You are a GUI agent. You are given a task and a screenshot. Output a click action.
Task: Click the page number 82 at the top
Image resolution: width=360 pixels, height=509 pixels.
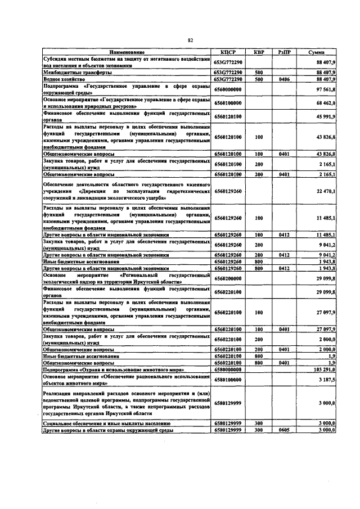(190, 40)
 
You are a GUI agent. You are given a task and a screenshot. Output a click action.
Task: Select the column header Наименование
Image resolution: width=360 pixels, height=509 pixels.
(127, 52)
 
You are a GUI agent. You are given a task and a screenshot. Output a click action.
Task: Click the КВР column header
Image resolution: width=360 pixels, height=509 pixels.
(259, 52)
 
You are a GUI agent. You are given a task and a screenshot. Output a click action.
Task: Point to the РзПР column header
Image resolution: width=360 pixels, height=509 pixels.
(283, 52)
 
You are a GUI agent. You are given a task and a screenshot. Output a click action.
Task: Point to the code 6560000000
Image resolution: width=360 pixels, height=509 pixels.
(227, 89)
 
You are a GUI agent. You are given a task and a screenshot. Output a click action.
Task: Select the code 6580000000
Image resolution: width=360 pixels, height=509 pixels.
(227, 370)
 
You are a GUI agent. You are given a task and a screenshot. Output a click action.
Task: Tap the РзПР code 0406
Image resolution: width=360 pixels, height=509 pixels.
(283, 79)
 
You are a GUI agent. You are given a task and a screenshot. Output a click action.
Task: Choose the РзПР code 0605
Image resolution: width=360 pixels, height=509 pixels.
(283, 430)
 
